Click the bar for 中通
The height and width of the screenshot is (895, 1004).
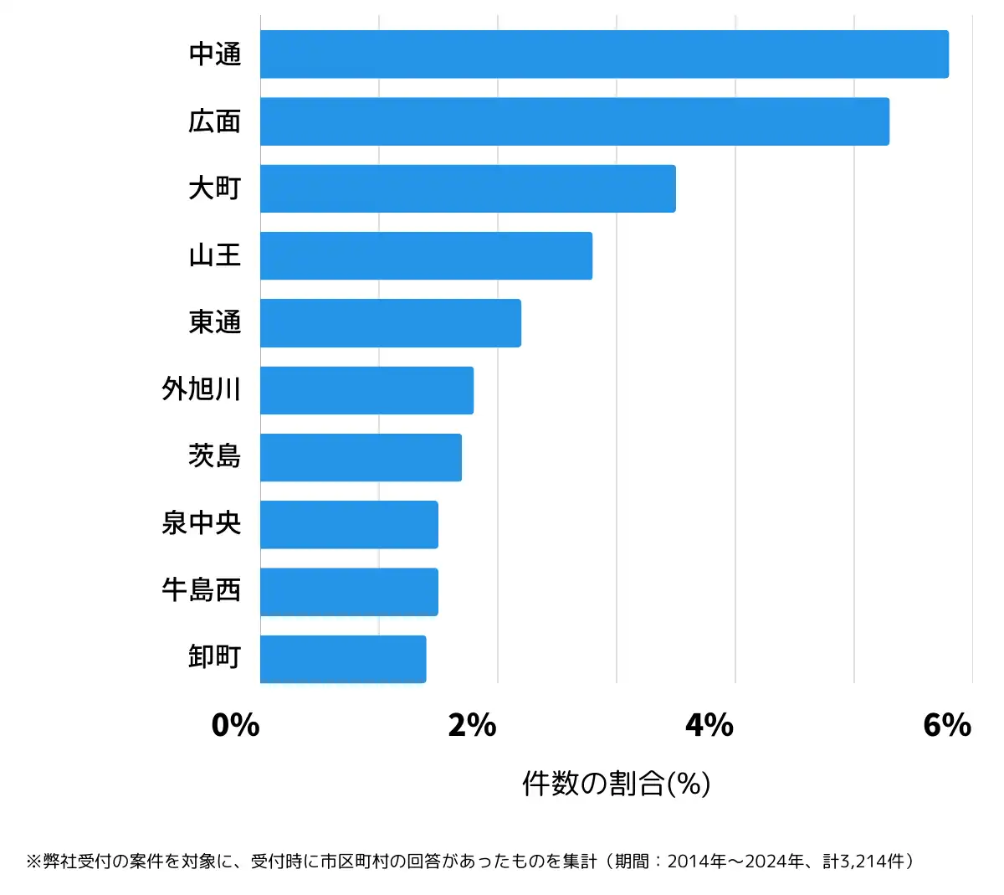pos(604,54)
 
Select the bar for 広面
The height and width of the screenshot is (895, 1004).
pos(574,121)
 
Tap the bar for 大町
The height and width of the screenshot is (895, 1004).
pos(468,188)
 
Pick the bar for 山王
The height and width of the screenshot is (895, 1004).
pos(426,255)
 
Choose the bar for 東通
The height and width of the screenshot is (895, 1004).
pos(390,323)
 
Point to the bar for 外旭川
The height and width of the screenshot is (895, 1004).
pos(366,390)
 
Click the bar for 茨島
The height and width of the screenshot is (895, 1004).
pos(361,457)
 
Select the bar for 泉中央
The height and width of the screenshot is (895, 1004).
pos(349,525)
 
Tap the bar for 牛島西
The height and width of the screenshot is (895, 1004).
pos(349,592)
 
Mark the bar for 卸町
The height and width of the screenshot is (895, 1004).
pos(343,659)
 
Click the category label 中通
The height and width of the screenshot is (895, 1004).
pos(215,54)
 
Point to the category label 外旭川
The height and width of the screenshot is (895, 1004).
pos(202,390)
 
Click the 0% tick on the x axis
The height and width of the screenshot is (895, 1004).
pos(235,725)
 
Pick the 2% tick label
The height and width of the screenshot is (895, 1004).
pos(473,725)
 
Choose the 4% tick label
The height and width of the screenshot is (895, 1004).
pos(709,725)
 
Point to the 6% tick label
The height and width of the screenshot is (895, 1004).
pos(947,725)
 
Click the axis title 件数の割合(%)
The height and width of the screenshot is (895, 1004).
pos(617,784)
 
